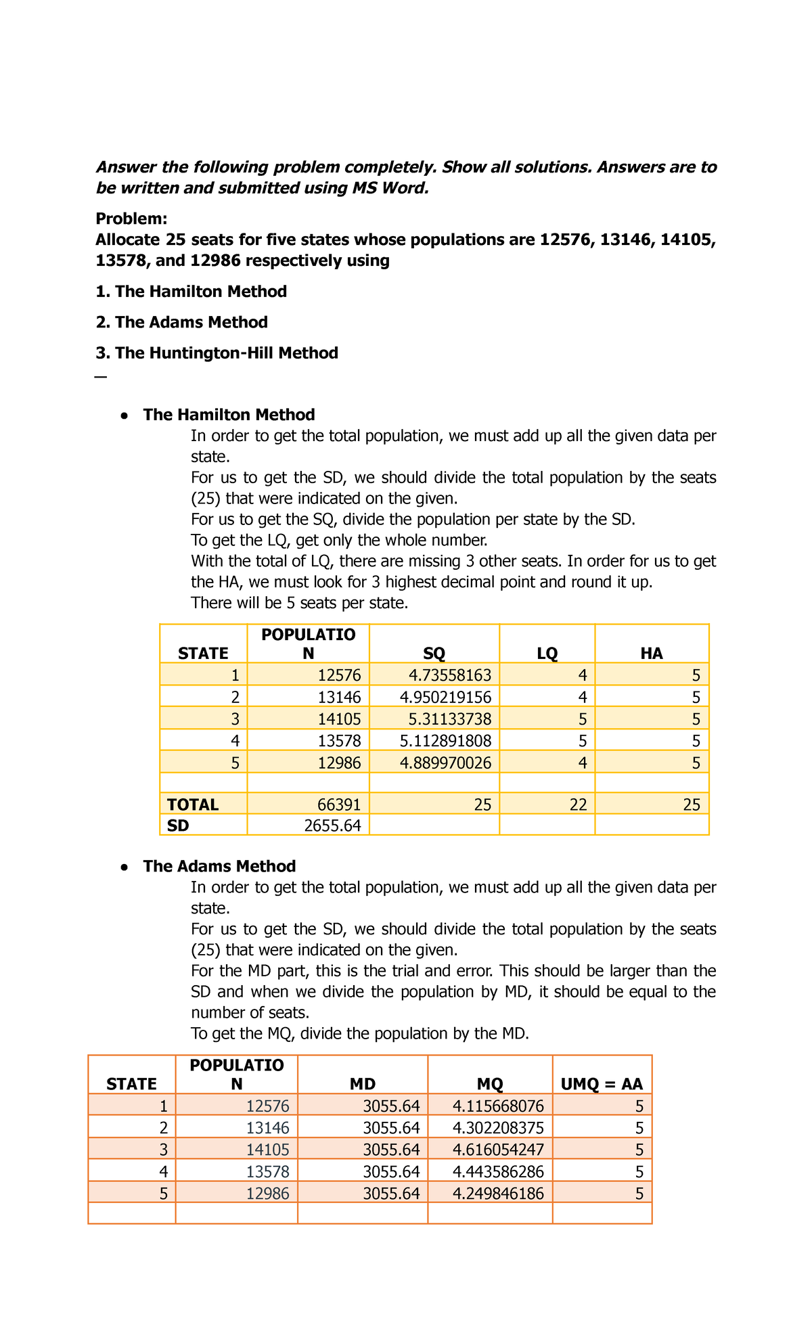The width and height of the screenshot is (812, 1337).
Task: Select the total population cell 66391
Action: (x=339, y=805)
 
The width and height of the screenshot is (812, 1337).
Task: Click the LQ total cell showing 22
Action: (x=577, y=805)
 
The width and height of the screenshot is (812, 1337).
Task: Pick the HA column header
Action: (x=652, y=654)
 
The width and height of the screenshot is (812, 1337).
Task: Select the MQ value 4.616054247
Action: (x=498, y=1150)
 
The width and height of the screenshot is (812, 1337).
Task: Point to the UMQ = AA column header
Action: (x=602, y=1084)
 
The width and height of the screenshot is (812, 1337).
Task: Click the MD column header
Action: (x=363, y=1084)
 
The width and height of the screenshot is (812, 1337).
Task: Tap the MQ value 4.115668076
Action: (x=498, y=1106)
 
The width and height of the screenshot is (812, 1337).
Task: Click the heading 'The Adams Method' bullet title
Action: (x=219, y=866)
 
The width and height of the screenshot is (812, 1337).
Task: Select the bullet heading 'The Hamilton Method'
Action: (x=229, y=415)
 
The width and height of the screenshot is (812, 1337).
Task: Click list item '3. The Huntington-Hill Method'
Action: (x=217, y=353)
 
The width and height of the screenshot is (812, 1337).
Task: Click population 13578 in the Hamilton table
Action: (x=339, y=740)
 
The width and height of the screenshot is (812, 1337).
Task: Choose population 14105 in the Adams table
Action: (x=267, y=1150)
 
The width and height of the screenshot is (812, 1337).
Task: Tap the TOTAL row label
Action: (x=193, y=805)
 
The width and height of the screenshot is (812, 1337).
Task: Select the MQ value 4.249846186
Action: (x=498, y=1194)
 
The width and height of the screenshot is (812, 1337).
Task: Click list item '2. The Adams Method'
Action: (x=181, y=322)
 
